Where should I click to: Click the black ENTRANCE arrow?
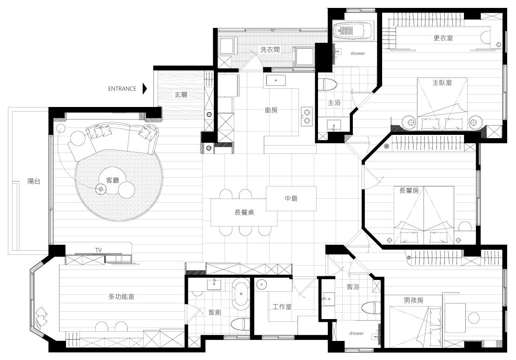pyautogui.click(x=145, y=88)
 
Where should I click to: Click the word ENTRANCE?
pyautogui.click(x=122, y=88)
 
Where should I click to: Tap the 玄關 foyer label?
pyautogui.click(x=181, y=95)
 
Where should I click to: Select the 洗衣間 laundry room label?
pyautogui.click(x=270, y=49)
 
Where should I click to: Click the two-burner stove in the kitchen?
pyautogui.click(x=307, y=116)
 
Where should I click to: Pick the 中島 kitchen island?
pyautogui.click(x=291, y=199)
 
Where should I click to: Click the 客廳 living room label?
pyautogui.click(x=112, y=180)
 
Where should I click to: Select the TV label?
pyautogui.click(x=98, y=250)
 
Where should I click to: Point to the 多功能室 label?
pyautogui.click(x=121, y=296)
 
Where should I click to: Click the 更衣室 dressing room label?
pyautogui.click(x=443, y=38)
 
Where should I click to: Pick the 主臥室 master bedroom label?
pyautogui.click(x=442, y=82)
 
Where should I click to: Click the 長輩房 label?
pyautogui.click(x=409, y=191)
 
